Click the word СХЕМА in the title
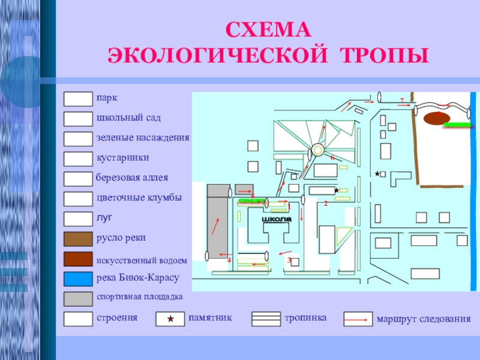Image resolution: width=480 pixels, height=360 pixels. click(269, 30)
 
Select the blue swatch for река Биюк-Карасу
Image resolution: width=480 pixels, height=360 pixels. click(78, 278)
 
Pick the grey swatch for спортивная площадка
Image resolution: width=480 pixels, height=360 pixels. click(78, 298)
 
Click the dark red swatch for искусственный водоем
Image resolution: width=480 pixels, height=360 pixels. click(78, 259)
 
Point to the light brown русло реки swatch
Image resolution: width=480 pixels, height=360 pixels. click(78, 239)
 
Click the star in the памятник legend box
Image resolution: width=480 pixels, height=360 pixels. click(170, 319)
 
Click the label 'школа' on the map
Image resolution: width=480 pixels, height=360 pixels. click(277, 220)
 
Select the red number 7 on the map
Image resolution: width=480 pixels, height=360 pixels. click(402, 99)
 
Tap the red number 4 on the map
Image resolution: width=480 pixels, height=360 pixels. click(229, 260)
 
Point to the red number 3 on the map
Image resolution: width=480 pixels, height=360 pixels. click(289, 260)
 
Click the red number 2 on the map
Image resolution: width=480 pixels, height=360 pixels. click(325, 204)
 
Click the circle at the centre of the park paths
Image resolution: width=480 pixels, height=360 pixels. click(317, 151)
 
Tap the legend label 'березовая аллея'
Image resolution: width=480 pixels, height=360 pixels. click(132, 178)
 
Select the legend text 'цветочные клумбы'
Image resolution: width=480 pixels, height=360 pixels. click(139, 197)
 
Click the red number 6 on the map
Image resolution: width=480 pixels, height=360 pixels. click(331, 157)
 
